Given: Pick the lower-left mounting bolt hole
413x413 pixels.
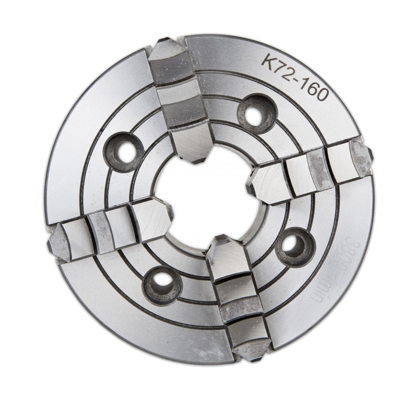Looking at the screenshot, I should click(157, 281).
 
